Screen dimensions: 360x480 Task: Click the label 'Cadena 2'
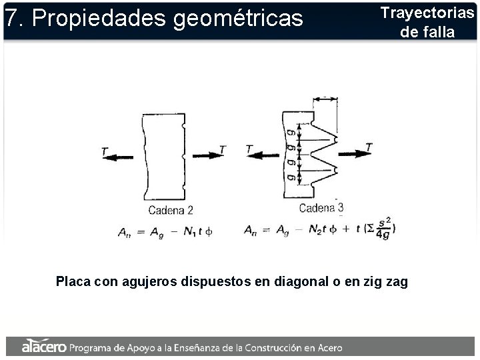pyautogui.click(x=171, y=210)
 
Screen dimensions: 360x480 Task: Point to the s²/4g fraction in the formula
pyautogui.click(x=383, y=229)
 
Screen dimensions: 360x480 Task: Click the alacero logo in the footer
pyautogui.click(x=43, y=347)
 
